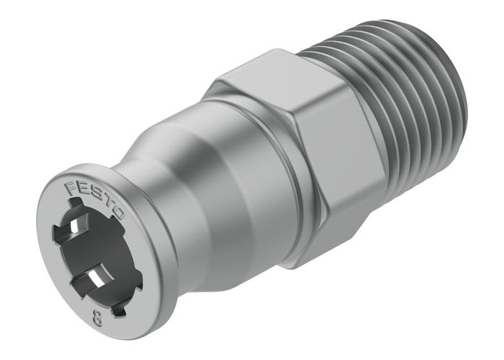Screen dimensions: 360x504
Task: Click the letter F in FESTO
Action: point(72,186)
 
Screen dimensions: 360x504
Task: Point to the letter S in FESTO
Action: point(96,197)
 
